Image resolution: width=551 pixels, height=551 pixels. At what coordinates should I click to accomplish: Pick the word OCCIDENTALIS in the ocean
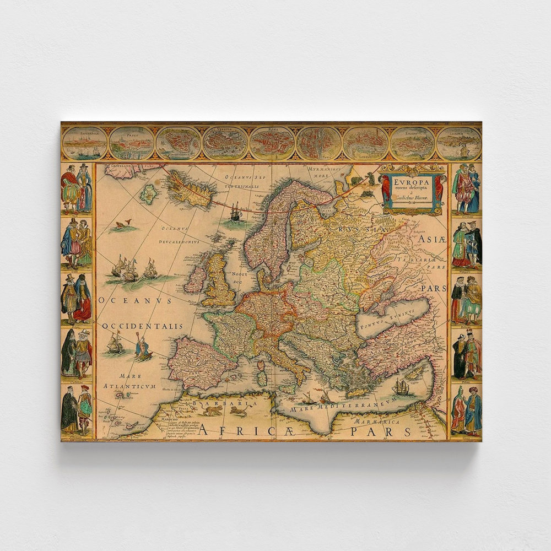point(142,326)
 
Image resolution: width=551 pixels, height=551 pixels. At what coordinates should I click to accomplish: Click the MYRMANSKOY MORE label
point(322,173)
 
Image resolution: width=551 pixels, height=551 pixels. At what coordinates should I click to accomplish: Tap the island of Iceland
point(190,188)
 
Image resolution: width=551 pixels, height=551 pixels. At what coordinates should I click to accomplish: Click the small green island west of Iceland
point(148,194)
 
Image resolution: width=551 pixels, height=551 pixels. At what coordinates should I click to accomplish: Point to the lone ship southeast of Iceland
point(235,212)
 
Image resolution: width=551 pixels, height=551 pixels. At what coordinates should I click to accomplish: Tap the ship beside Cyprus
point(401,387)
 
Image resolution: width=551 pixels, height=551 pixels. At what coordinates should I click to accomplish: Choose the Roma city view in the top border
point(272,142)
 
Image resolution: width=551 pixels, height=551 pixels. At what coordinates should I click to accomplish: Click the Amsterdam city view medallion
point(84,142)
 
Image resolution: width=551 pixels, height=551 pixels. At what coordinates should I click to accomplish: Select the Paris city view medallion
point(319,143)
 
